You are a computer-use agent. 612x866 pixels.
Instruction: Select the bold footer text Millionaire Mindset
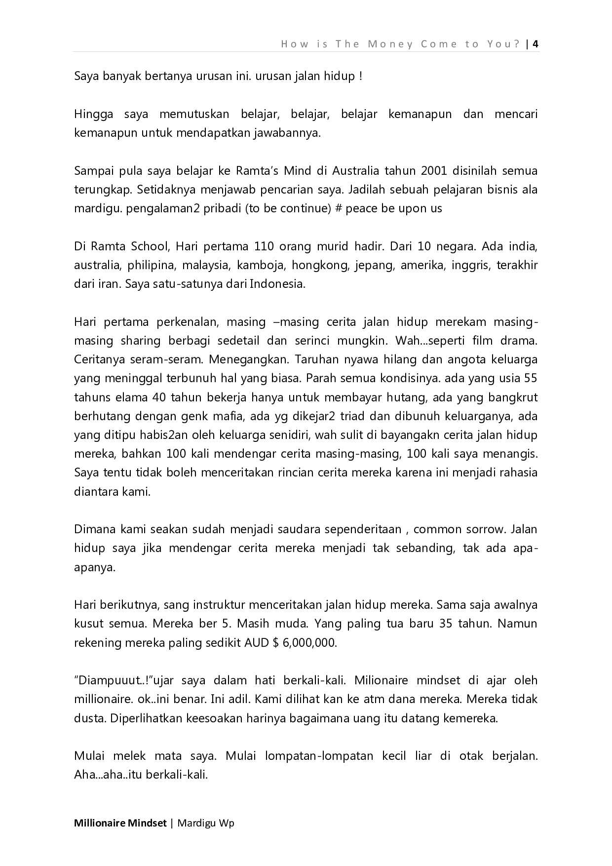click(120, 823)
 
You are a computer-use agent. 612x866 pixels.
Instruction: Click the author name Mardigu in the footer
click(196, 823)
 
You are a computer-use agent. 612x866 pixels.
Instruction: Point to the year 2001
click(434, 171)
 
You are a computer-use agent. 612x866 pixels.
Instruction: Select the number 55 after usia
click(531, 379)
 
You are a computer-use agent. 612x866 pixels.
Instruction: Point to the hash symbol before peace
click(339, 209)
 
